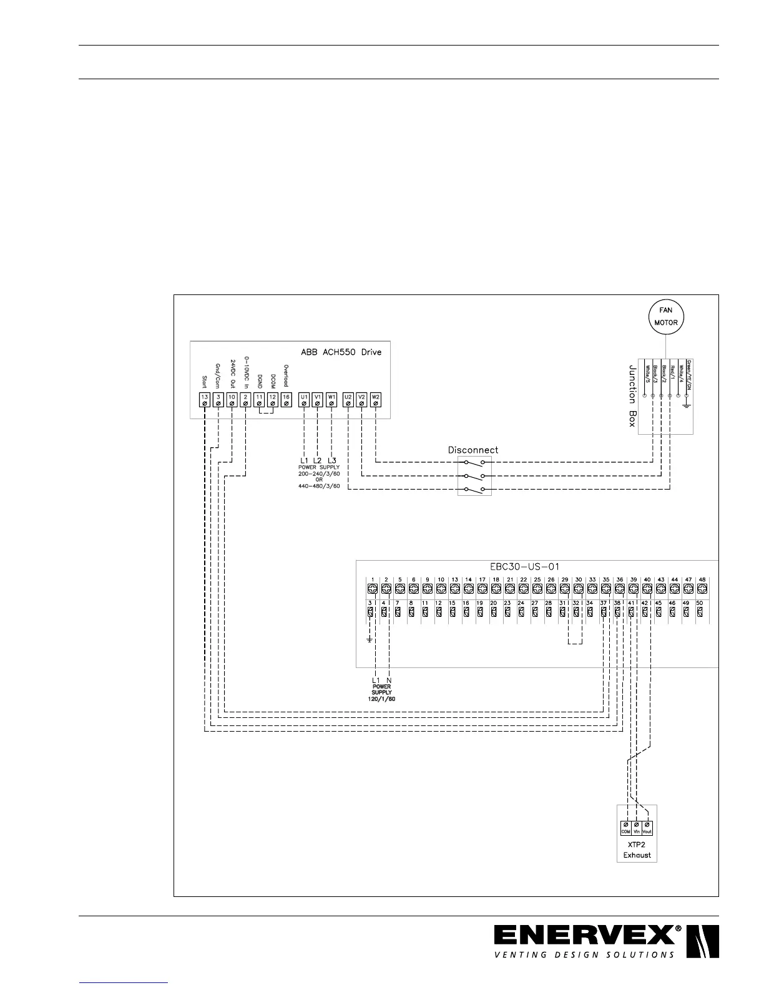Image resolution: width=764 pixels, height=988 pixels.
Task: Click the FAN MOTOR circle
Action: [665, 317]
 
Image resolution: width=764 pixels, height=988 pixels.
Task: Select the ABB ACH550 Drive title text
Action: [341, 352]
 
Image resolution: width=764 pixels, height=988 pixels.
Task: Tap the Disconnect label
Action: [473, 450]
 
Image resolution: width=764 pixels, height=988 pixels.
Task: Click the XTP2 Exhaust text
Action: [637, 850]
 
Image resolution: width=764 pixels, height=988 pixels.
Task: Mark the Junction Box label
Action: [632, 396]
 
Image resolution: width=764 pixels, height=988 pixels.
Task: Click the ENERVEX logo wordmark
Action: [587, 937]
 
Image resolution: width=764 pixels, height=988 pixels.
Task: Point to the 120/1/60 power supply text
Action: [381, 699]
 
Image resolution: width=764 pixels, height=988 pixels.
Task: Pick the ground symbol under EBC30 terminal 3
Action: [370, 639]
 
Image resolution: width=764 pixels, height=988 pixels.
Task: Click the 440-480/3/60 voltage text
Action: [319, 486]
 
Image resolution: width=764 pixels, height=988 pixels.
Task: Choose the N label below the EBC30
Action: [389, 680]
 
